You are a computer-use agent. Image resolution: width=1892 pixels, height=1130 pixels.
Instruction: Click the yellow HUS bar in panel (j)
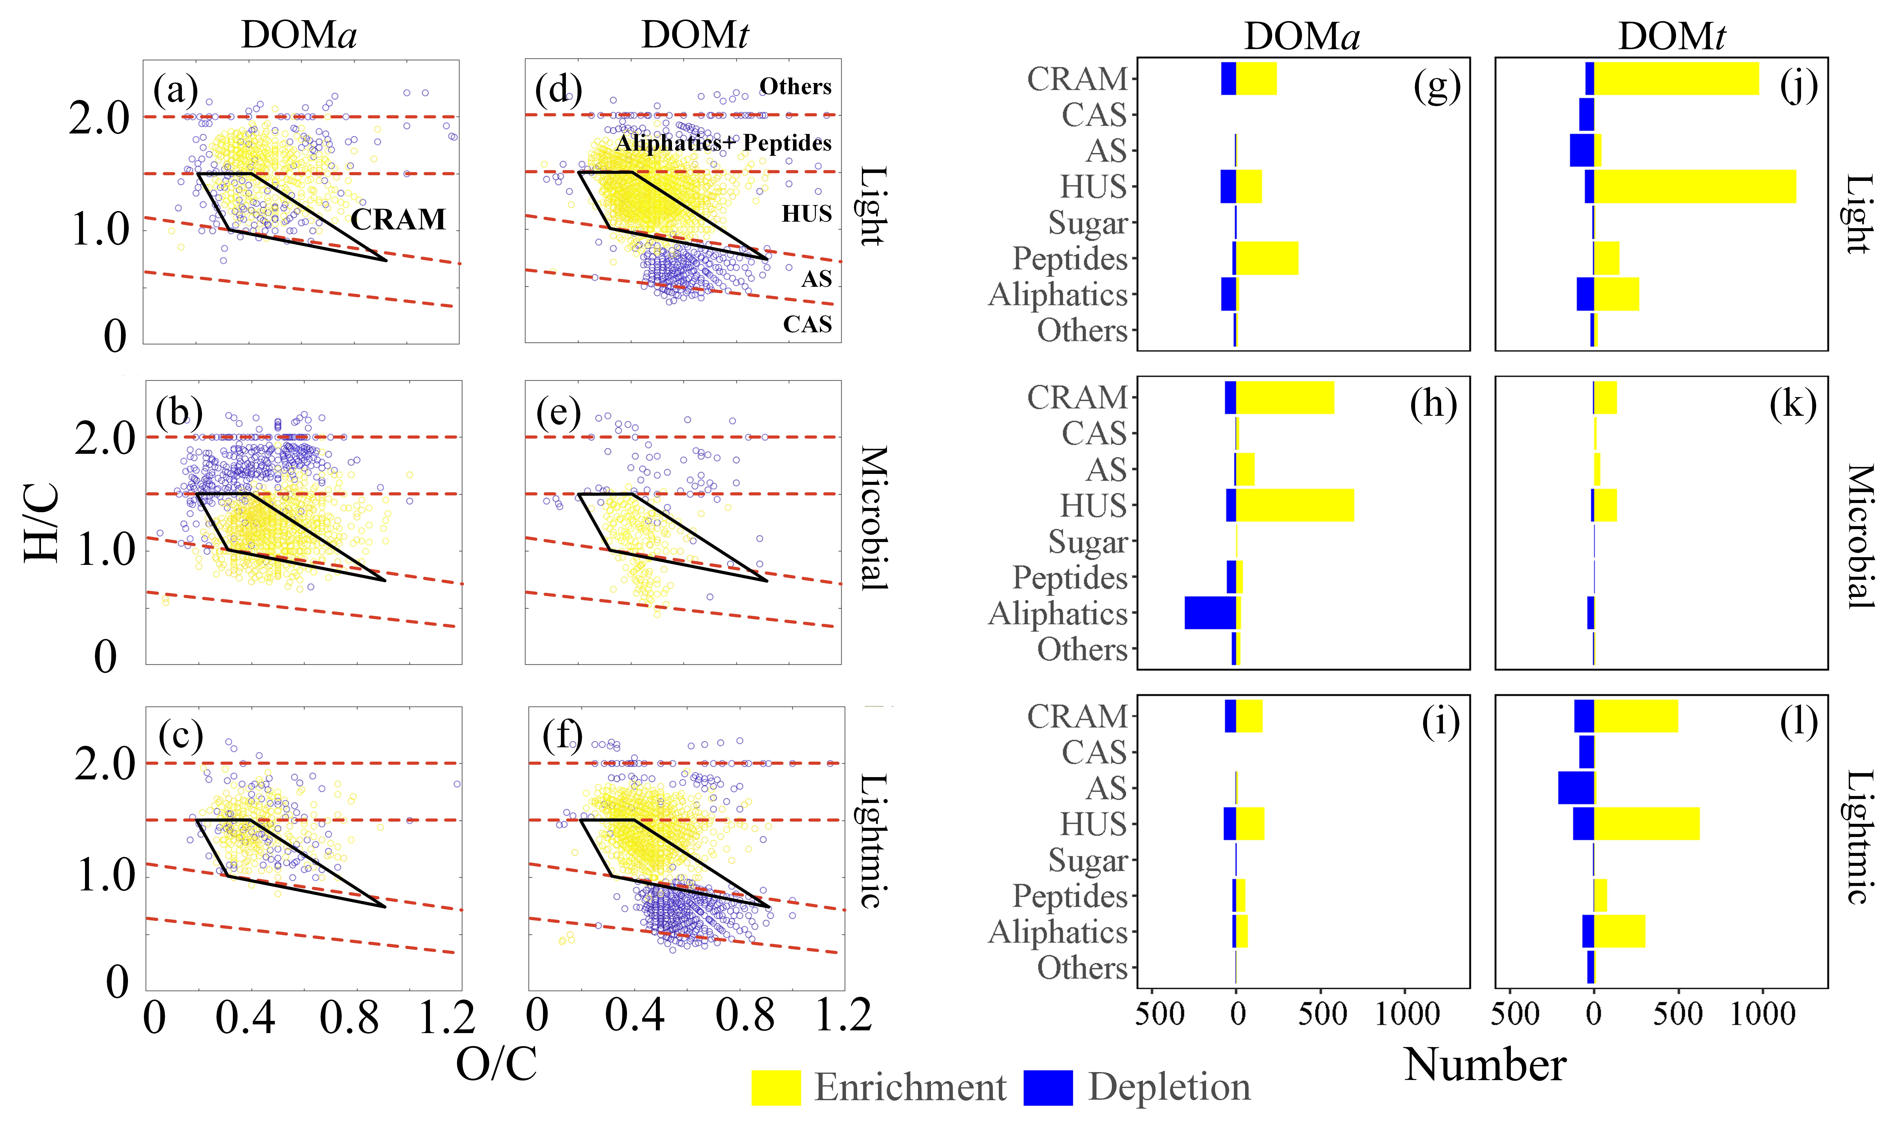pyautogui.click(x=1694, y=187)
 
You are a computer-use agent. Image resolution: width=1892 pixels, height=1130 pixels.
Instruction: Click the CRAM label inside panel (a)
pyautogui.click(x=397, y=220)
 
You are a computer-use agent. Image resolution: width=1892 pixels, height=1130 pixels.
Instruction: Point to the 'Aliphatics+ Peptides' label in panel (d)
pyautogui.click(x=723, y=143)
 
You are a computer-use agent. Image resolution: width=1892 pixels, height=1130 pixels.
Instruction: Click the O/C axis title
pyautogui.click(x=496, y=1064)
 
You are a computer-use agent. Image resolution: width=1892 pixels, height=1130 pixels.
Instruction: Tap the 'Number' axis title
pyautogui.click(x=1485, y=1064)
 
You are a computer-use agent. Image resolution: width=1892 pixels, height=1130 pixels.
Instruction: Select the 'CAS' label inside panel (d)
pyautogui.click(x=807, y=324)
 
